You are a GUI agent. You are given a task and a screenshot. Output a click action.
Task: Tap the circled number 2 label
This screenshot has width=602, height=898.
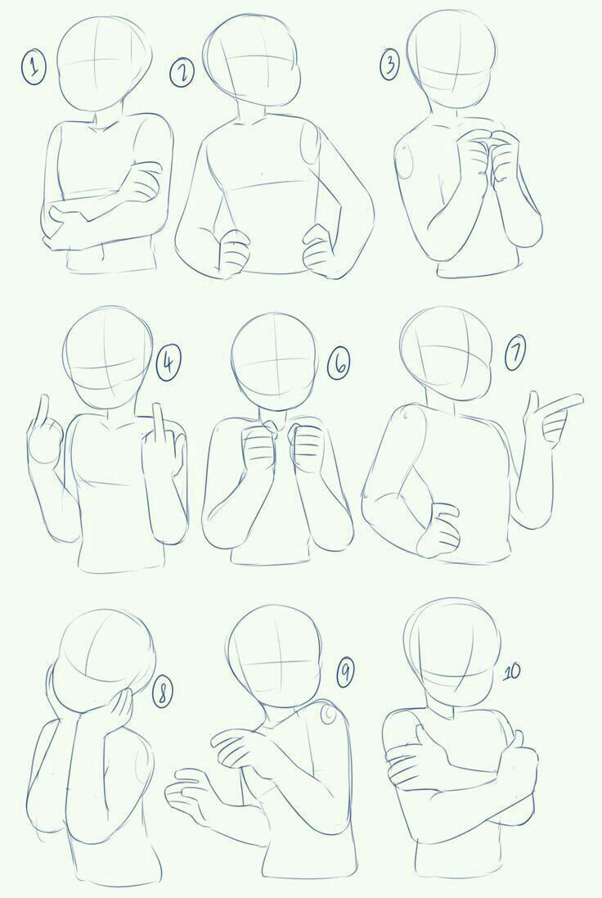(x=182, y=74)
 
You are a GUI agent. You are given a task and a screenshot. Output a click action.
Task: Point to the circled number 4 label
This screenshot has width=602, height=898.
(x=168, y=363)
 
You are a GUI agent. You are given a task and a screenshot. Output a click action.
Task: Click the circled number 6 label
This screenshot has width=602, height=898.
(x=339, y=364)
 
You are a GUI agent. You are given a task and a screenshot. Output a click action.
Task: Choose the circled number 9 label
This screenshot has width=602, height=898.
(x=344, y=672)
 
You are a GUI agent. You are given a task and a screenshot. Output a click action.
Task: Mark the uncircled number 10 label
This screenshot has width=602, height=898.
(x=511, y=672)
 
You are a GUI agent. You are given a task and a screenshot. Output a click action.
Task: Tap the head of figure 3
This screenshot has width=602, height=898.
(x=451, y=59)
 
